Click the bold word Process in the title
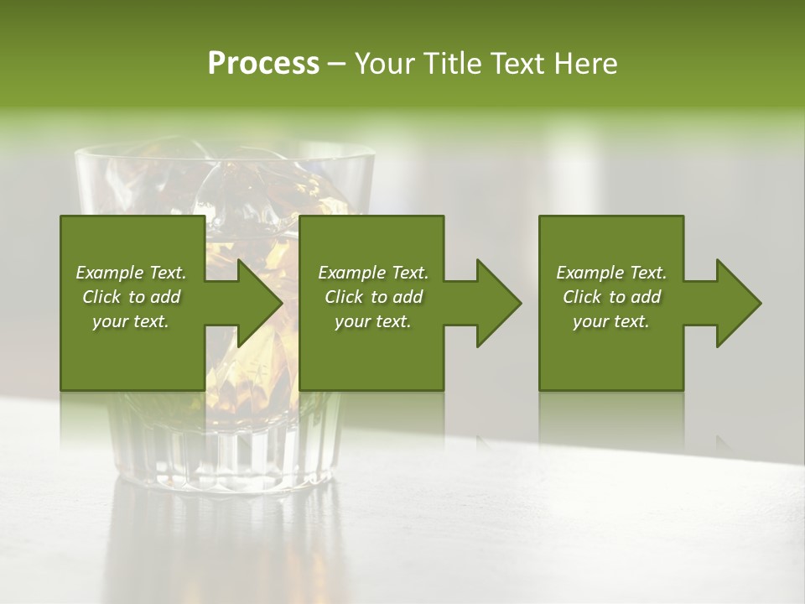263,64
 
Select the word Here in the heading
586,64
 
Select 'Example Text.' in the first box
131,273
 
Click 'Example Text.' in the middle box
372,273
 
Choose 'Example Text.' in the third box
611,273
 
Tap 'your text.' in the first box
131,321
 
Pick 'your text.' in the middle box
372,321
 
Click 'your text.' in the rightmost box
611,321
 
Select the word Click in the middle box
345,297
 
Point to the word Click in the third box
583,297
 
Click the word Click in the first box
102,297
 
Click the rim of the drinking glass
225,154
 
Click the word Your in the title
384,64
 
